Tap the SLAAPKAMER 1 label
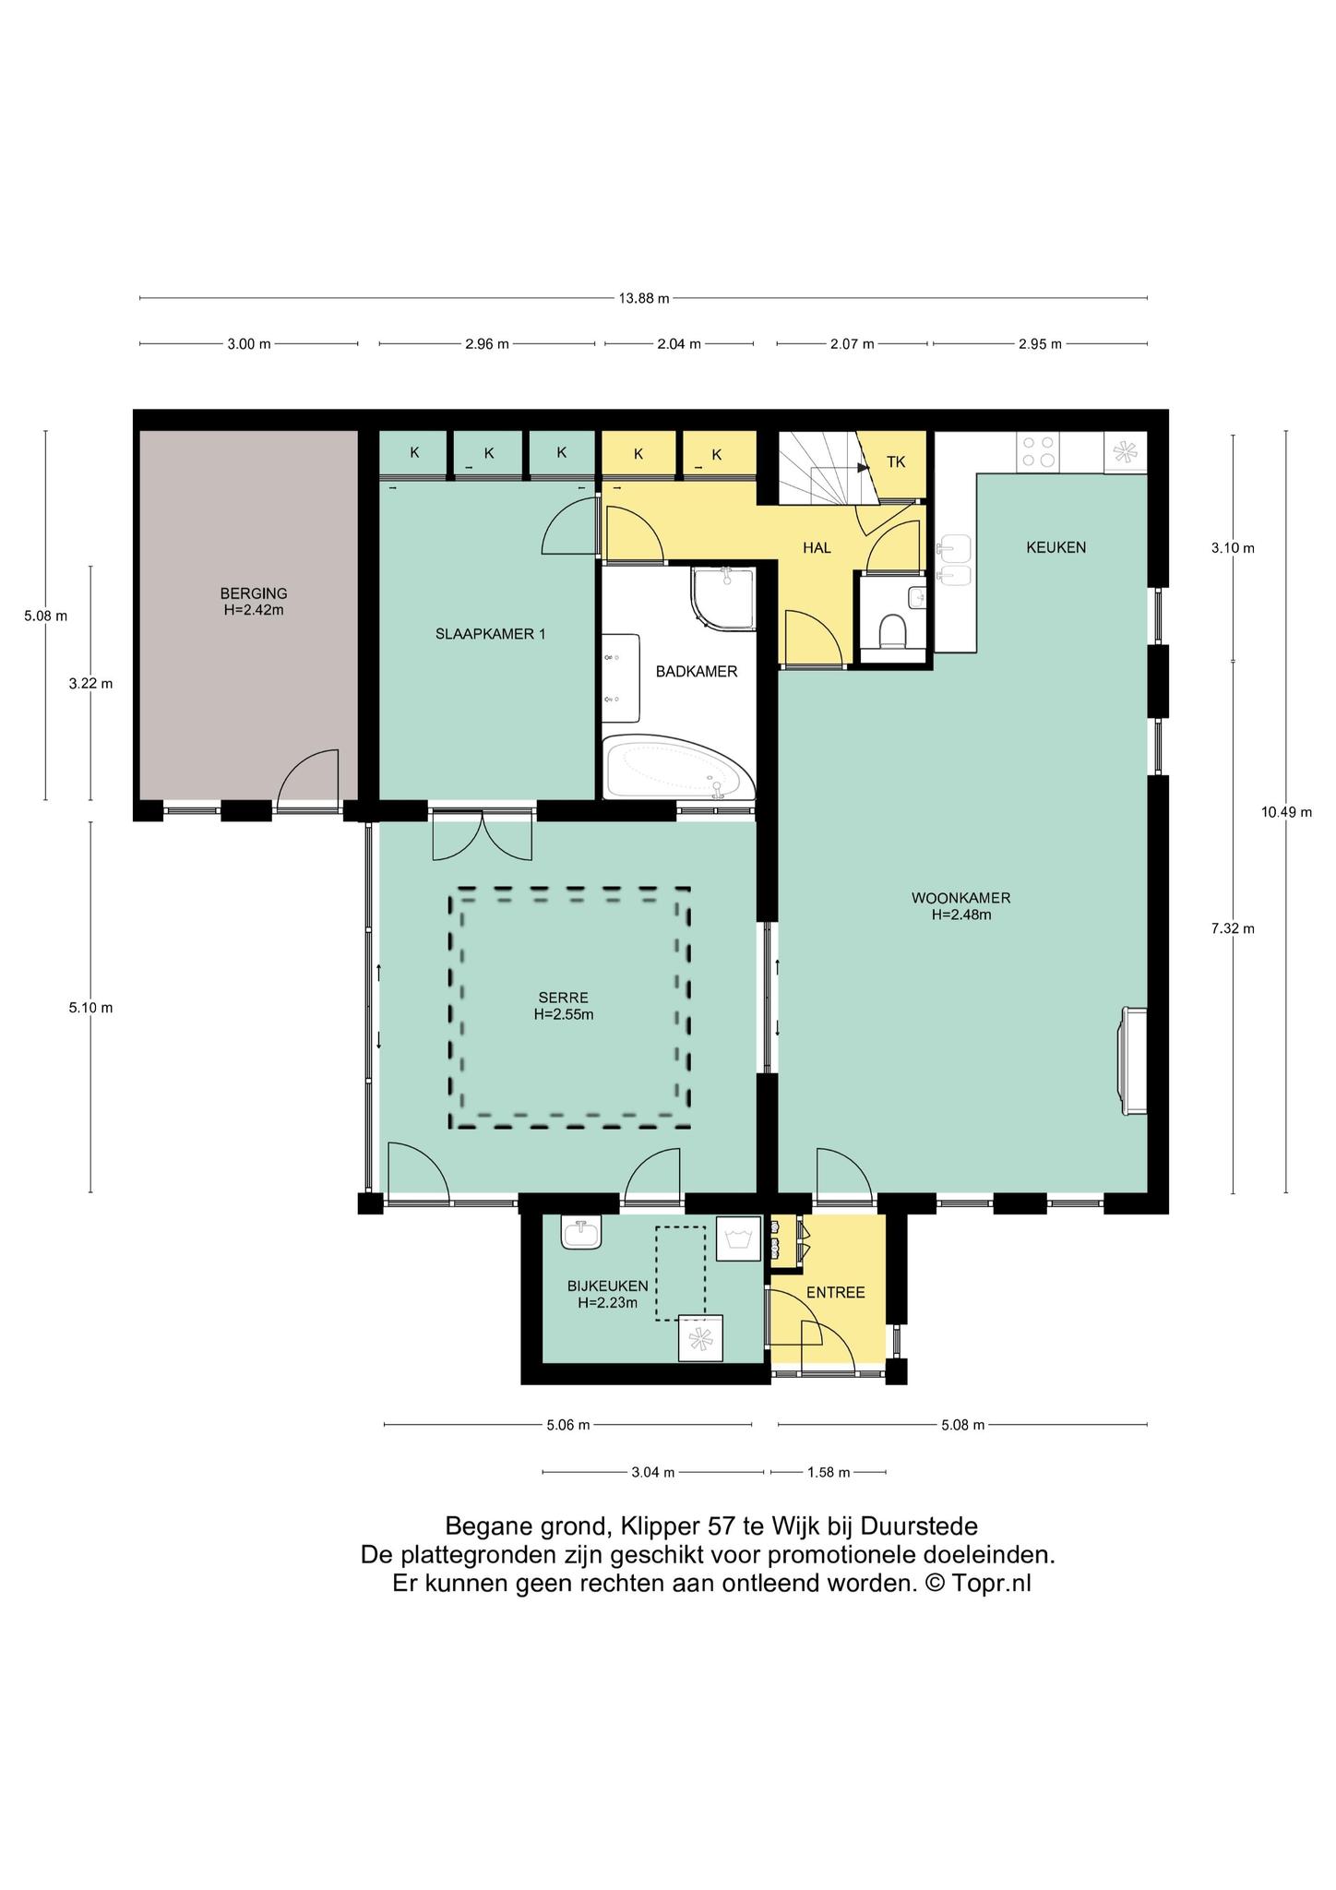click(x=490, y=634)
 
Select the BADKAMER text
click(x=697, y=672)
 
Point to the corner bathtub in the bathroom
click(x=679, y=767)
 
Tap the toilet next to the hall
click(x=892, y=632)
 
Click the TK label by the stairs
click(x=896, y=462)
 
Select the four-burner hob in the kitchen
click(x=1038, y=452)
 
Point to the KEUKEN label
click(x=1056, y=547)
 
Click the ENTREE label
click(x=836, y=1293)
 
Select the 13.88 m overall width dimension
click(x=644, y=298)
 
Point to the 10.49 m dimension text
click(x=1286, y=812)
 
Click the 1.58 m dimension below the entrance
click(x=829, y=1472)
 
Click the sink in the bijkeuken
click(x=581, y=1234)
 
